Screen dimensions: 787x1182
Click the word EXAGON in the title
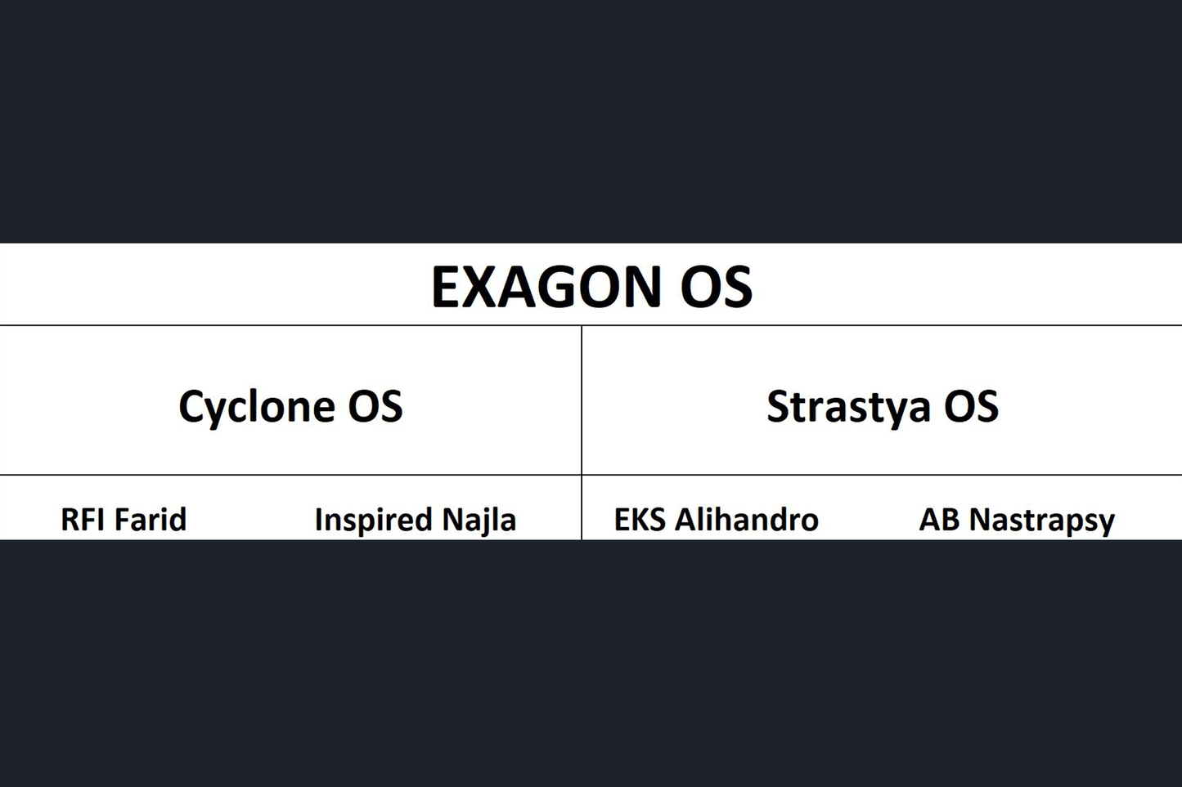(x=546, y=287)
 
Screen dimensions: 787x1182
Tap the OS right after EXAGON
(x=716, y=287)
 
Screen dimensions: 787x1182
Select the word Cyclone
(x=256, y=407)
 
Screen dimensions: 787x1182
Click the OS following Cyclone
(x=375, y=406)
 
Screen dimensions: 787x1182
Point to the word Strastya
(x=847, y=407)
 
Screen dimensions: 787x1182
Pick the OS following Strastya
(x=971, y=406)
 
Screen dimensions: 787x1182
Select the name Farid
(x=151, y=520)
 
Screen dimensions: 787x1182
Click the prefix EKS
(x=640, y=520)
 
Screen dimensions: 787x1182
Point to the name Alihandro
(x=746, y=520)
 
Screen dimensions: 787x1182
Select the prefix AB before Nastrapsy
(x=939, y=520)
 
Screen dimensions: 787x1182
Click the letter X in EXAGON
(x=487, y=287)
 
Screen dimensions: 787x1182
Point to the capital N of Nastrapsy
(x=981, y=520)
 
